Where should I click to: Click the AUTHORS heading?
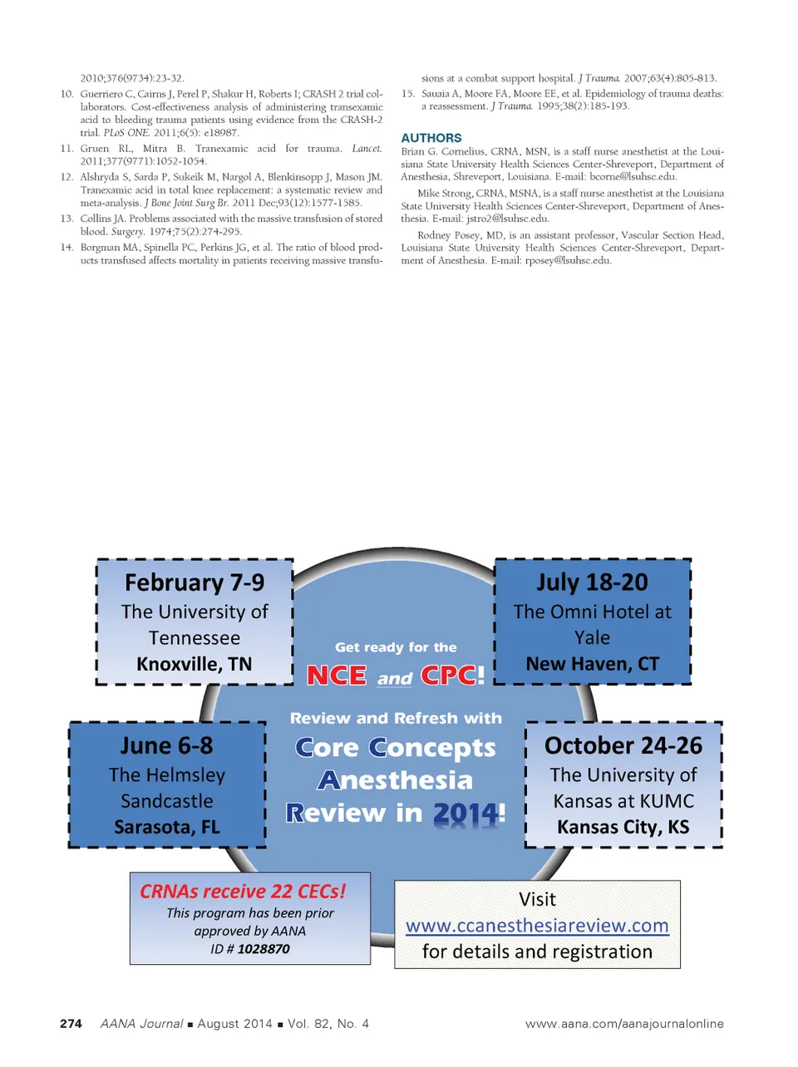(x=431, y=138)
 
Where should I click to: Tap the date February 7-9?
(x=195, y=583)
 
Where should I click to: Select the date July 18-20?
(x=592, y=582)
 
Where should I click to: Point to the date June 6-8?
(x=166, y=745)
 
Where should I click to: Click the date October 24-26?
(x=623, y=745)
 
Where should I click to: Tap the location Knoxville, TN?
(x=194, y=664)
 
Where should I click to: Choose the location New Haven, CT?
(x=592, y=664)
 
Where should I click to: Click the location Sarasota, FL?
(x=166, y=827)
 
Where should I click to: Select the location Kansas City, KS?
(x=623, y=827)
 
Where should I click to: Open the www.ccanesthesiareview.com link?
(x=537, y=926)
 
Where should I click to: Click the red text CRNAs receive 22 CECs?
(x=243, y=892)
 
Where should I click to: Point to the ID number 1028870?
(x=264, y=949)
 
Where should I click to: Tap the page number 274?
(x=71, y=1024)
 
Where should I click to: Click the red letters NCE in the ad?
(x=336, y=676)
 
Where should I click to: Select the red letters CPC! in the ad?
(x=452, y=676)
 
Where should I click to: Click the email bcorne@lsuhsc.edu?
(x=633, y=177)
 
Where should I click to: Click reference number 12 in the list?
(x=66, y=178)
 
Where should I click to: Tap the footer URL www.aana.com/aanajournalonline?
(x=624, y=1024)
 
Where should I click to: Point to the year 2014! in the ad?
(x=469, y=814)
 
